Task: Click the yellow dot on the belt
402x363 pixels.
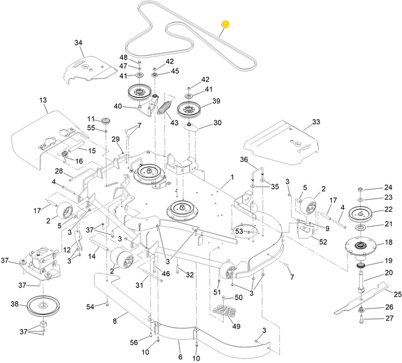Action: [224, 25]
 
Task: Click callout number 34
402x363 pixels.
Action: [79, 43]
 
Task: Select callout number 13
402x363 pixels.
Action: [43, 101]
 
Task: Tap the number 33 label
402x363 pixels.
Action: [316, 122]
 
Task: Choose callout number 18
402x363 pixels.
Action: [388, 243]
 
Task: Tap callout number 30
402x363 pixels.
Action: [217, 123]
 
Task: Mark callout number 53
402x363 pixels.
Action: [238, 230]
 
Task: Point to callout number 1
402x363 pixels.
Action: [232, 176]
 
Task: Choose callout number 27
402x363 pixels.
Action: [388, 318]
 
